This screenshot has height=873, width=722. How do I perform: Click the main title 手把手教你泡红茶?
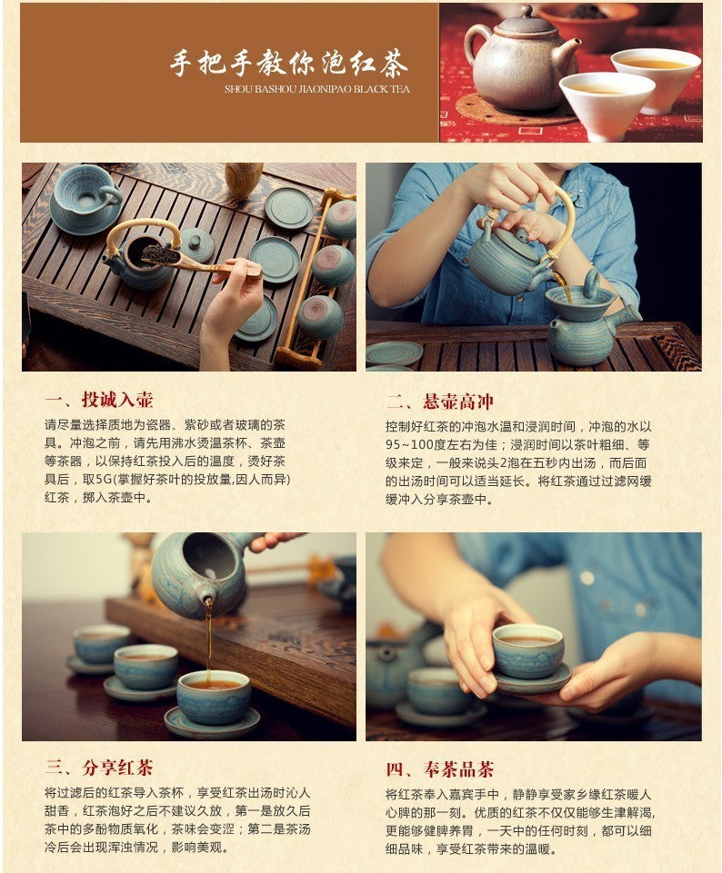(288, 64)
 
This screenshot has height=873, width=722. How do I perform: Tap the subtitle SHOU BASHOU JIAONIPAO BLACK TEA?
(316, 90)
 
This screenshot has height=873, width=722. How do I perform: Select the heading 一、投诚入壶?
(99, 401)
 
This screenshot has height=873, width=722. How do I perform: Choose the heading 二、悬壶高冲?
(440, 402)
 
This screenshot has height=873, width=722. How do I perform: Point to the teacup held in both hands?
(527, 651)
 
